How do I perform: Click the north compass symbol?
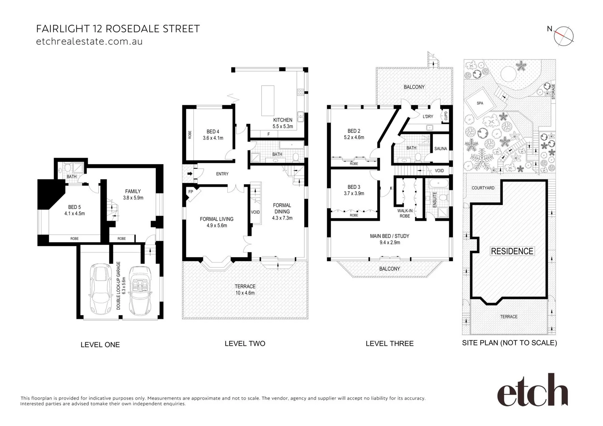(x=565, y=35)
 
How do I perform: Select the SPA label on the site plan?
(x=480, y=103)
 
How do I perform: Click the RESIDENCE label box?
(x=512, y=251)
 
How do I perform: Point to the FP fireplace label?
(x=191, y=192)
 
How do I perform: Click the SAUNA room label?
(x=440, y=149)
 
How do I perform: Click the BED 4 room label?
(x=213, y=132)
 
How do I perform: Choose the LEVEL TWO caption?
(x=245, y=344)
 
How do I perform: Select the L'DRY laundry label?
(x=428, y=116)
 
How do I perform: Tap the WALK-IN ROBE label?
(x=404, y=213)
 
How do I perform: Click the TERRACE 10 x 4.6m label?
(x=245, y=290)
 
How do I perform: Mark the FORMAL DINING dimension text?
(x=282, y=218)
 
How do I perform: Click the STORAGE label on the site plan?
(x=553, y=91)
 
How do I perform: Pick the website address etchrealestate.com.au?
(x=89, y=41)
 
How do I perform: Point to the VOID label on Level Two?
(x=255, y=212)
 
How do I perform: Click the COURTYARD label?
(x=483, y=188)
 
